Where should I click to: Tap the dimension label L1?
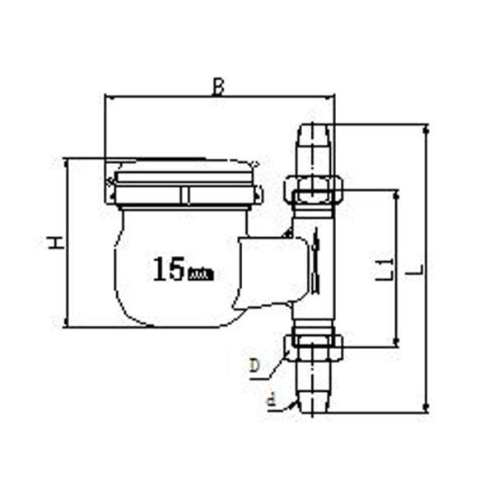pos(384,268)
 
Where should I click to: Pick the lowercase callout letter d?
pos(270,402)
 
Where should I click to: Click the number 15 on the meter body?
pos(168,269)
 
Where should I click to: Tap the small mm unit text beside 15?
pos(201,273)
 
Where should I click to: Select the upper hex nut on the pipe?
pos(313,189)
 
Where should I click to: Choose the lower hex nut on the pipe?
pos(313,347)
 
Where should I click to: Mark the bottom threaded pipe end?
pos(315,390)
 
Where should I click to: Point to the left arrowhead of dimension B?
pos(108,97)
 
